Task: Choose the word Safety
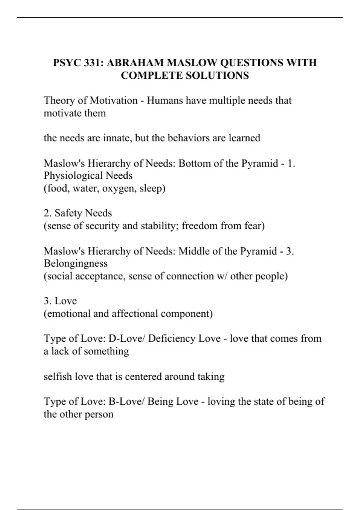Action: pos(68,213)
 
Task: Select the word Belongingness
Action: pos(76,263)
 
